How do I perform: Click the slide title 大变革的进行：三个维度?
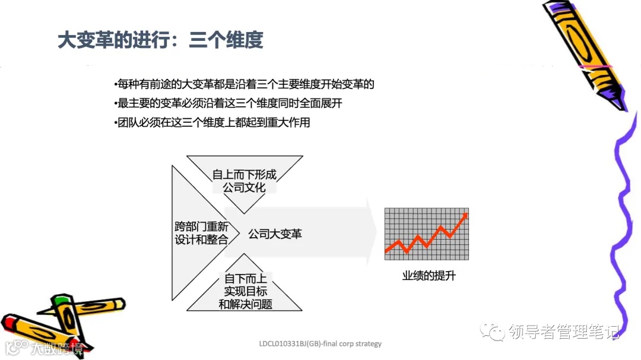click(160, 41)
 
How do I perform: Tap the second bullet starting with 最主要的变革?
click(228, 104)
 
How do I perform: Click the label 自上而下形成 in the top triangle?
click(245, 175)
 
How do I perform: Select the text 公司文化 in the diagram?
click(245, 188)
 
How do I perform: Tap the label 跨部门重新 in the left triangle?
click(201, 227)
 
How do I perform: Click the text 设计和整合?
click(201, 240)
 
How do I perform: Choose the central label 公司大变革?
click(275, 234)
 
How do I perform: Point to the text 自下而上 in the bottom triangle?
click(245, 279)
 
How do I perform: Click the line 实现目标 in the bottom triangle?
click(245, 291)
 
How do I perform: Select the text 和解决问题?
click(245, 304)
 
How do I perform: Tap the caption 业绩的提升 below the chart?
click(429, 276)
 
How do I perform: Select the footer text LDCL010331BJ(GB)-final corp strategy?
click(320, 343)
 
